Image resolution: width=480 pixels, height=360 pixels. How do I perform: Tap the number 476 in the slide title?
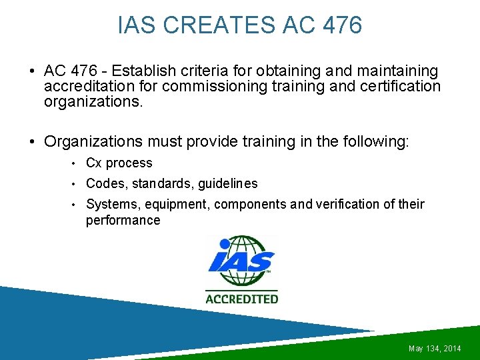point(341,25)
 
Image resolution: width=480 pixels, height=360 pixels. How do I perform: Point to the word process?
point(129,163)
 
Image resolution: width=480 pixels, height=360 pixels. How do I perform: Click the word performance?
point(123,220)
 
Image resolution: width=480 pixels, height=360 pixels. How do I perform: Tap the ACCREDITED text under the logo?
point(241,299)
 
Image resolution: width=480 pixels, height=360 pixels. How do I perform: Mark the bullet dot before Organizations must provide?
point(32,141)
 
